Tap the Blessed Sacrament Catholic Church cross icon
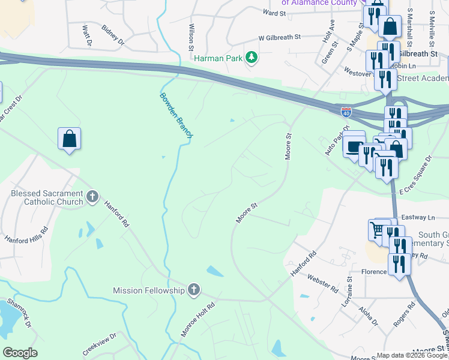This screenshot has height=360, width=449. click(92, 196)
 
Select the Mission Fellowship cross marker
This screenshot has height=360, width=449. click(193, 290)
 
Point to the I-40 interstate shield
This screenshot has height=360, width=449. click(346, 112)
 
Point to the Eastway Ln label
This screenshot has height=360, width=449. click(418, 218)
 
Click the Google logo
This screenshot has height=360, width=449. click(20, 353)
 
